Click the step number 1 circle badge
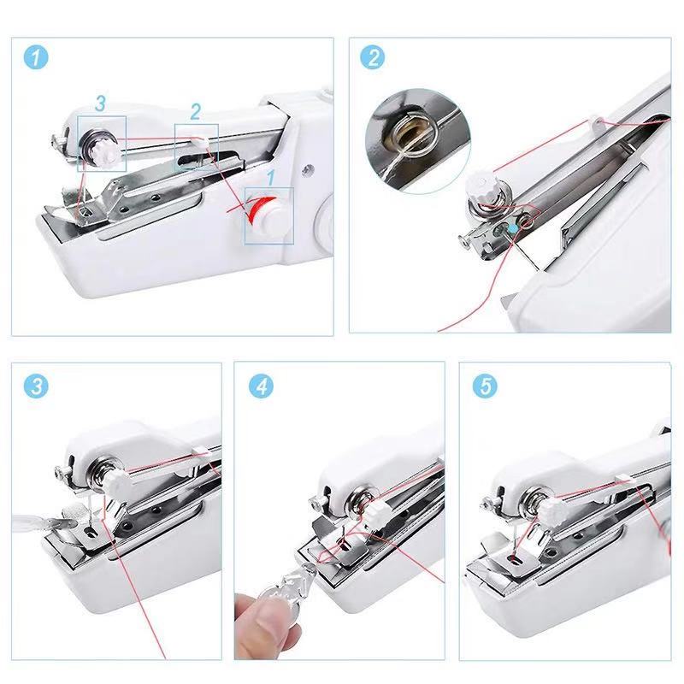[36, 59]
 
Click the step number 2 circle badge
[373, 59]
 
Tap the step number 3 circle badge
[36, 386]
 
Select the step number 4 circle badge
[261, 386]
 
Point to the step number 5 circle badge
[486, 386]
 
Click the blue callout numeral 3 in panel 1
[100, 104]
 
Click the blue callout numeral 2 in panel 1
[196, 111]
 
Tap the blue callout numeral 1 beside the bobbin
[270, 177]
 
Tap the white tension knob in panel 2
[477, 186]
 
